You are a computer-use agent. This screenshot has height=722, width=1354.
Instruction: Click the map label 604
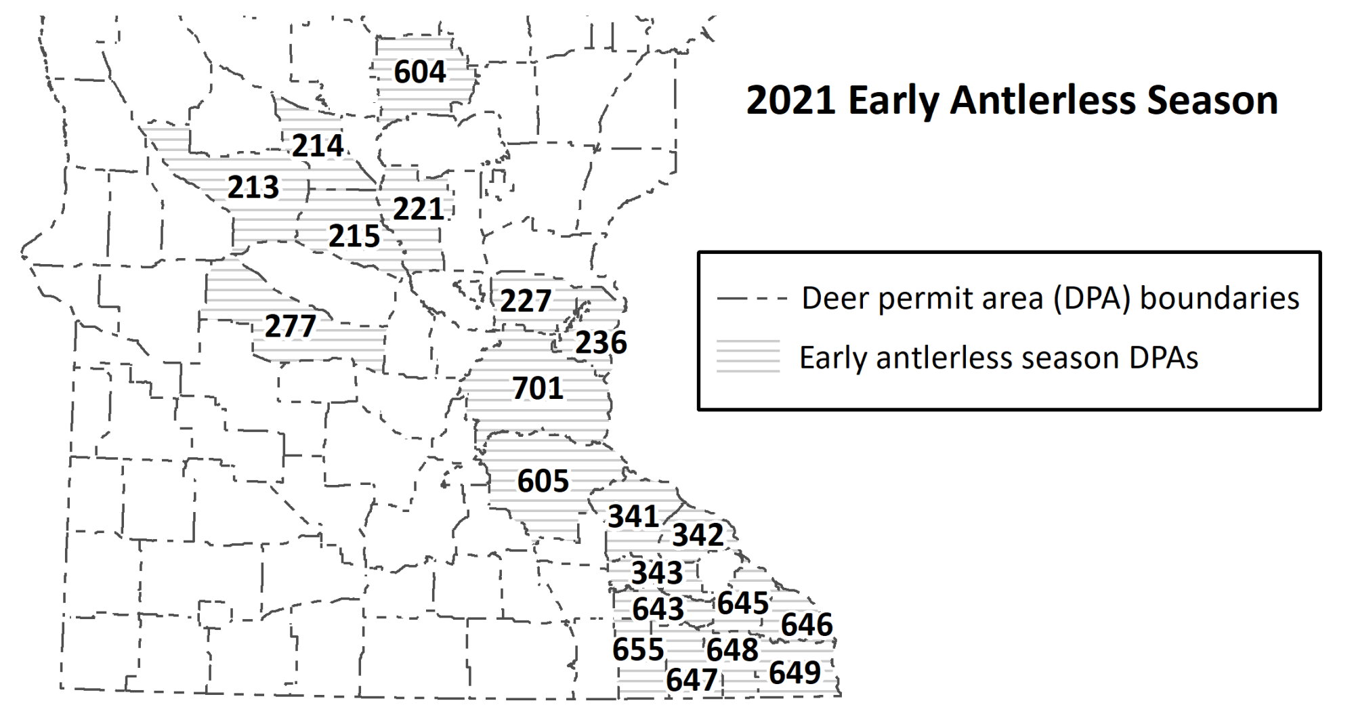click(420, 72)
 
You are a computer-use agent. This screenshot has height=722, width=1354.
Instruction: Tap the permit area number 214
click(318, 146)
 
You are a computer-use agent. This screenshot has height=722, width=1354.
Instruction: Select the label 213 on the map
click(253, 187)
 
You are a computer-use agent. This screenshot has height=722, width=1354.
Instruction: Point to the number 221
click(419, 209)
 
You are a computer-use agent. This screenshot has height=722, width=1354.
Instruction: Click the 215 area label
click(354, 236)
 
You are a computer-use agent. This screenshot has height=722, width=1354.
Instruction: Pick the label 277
click(290, 326)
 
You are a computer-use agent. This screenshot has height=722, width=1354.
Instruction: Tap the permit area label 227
click(526, 301)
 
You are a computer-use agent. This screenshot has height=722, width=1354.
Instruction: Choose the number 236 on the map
click(601, 343)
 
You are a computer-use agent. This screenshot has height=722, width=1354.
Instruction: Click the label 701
click(538, 388)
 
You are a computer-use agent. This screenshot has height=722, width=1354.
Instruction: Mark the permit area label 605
click(543, 481)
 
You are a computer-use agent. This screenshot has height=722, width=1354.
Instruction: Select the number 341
click(633, 516)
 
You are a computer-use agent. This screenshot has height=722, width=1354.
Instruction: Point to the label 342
click(698, 535)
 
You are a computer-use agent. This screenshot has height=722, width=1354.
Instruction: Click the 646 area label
click(806, 624)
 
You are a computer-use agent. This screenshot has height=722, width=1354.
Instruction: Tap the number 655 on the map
click(638, 650)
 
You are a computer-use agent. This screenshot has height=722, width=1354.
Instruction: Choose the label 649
click(795, 673)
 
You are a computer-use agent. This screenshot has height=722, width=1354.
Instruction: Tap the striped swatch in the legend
click(748, 356)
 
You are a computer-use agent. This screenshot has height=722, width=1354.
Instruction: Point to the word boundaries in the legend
click(1219, 298)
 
